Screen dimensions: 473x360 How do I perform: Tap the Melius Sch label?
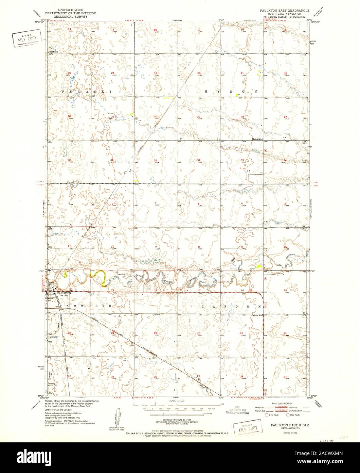pyautogui.click(x=258, y=139)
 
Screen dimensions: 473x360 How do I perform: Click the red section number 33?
pyautogui.click(x=242, y=160)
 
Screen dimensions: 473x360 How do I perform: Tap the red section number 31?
pyautogui.click(x=155, y=160)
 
